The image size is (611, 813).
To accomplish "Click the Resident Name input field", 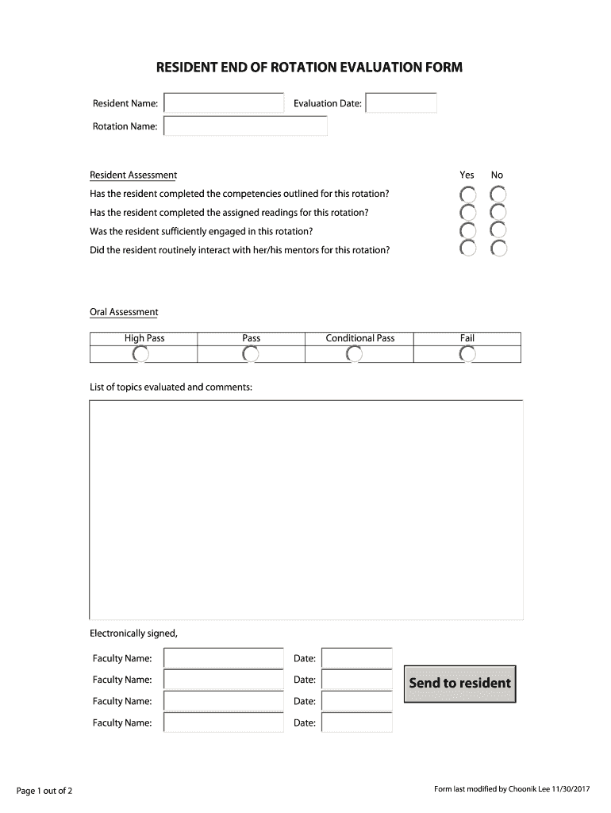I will [224, 103].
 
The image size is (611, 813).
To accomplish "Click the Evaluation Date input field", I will [401, 103].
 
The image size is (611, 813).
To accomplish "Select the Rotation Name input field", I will [245, 126].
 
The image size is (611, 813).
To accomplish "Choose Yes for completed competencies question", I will [468, 195].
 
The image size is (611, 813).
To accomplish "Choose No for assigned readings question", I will [498, 213].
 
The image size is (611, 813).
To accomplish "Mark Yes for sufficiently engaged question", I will [468, 231].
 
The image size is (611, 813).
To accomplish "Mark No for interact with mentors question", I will [498, 249].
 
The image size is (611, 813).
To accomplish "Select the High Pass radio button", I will [140, 354].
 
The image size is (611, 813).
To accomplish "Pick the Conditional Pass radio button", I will [355, 354].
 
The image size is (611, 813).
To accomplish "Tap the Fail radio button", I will [467, 354].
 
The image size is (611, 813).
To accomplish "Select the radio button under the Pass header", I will [251, 354].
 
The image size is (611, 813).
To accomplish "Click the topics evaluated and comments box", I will [305, 509].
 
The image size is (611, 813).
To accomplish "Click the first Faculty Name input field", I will [224, 658].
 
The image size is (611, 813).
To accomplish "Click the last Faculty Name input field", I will [224, 722].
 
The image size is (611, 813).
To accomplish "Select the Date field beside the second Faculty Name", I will [356, 680].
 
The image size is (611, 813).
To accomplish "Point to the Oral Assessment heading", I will [124, 312].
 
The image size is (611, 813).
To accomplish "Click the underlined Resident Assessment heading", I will [133, 175].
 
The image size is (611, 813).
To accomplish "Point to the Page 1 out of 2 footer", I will [44, 790].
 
